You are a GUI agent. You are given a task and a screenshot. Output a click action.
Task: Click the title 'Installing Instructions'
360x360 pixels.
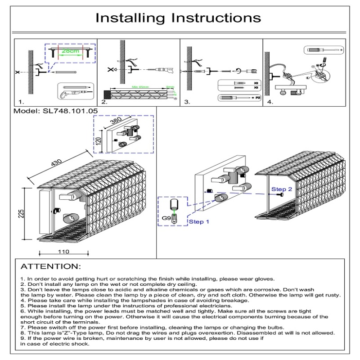pos(179,18)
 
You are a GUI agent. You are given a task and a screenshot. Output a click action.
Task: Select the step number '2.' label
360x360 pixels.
pos(104,102)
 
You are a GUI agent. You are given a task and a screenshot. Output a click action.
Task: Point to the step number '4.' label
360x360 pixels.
pos(270,102)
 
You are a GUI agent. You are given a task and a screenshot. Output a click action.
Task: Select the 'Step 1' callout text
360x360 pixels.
pos(199,222)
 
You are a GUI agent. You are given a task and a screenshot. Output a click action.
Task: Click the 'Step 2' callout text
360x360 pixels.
pos(281,189)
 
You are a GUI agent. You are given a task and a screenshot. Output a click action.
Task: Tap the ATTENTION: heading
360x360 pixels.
pos(51,266)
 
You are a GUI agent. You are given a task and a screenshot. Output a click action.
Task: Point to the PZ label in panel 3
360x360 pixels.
pos(257,98)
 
